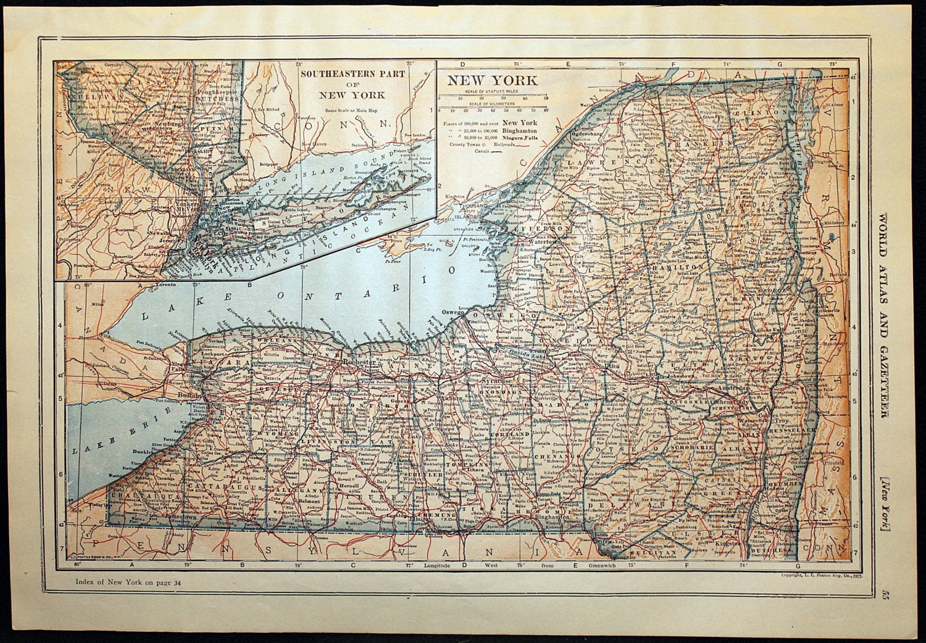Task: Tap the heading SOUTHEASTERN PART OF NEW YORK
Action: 352,84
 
